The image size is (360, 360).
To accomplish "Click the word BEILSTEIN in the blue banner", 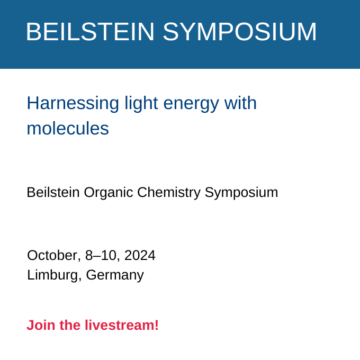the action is coord(90,32).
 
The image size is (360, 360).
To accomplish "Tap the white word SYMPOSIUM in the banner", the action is coord(240,32).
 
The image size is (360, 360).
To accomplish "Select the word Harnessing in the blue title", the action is coord(73,104).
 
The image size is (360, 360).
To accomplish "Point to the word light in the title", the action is coord(141,104).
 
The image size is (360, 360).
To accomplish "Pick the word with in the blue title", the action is coord(240,103).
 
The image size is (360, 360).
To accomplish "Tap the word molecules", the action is coord(68,128).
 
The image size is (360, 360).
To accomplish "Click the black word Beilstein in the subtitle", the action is coord(53,192).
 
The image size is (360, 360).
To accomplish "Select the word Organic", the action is coord(109,193).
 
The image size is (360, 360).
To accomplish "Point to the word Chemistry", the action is coord(169,193).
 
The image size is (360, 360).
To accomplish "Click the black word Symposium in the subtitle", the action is coord(241,193).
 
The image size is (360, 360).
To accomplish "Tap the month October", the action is coord(54,255).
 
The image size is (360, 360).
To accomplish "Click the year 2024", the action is coord(140,255).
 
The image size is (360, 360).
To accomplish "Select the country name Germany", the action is coord(115,275).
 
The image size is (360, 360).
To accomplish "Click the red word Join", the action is coord(41,325).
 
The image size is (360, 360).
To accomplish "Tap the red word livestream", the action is coord(120,325).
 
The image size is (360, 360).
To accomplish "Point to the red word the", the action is coord(70,325).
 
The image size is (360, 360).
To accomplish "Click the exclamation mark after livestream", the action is coord(157,325).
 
